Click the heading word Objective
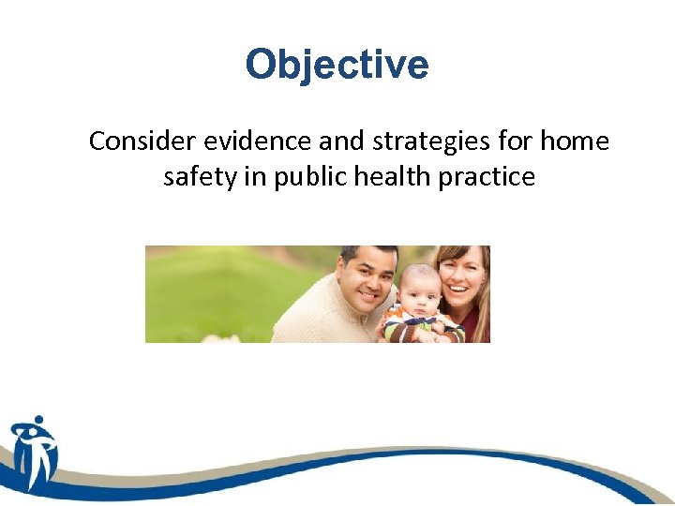337,66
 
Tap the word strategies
416,142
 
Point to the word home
574,141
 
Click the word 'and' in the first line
330,141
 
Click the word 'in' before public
256,176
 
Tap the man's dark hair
367,252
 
